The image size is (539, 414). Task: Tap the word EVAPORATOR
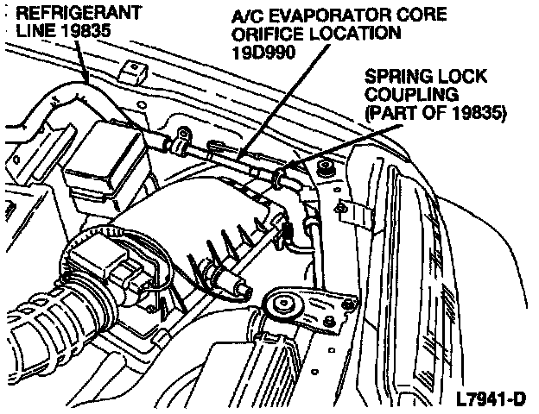301,15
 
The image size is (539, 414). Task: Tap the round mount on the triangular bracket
282,305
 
